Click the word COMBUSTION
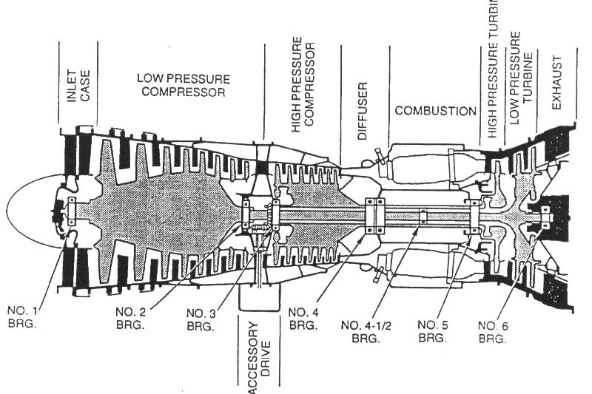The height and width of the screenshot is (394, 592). [435, 111]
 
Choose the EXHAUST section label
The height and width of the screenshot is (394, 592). [558, 82]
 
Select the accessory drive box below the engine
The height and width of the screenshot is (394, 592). [258, 300]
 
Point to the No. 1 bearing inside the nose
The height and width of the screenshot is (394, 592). [71, 211]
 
